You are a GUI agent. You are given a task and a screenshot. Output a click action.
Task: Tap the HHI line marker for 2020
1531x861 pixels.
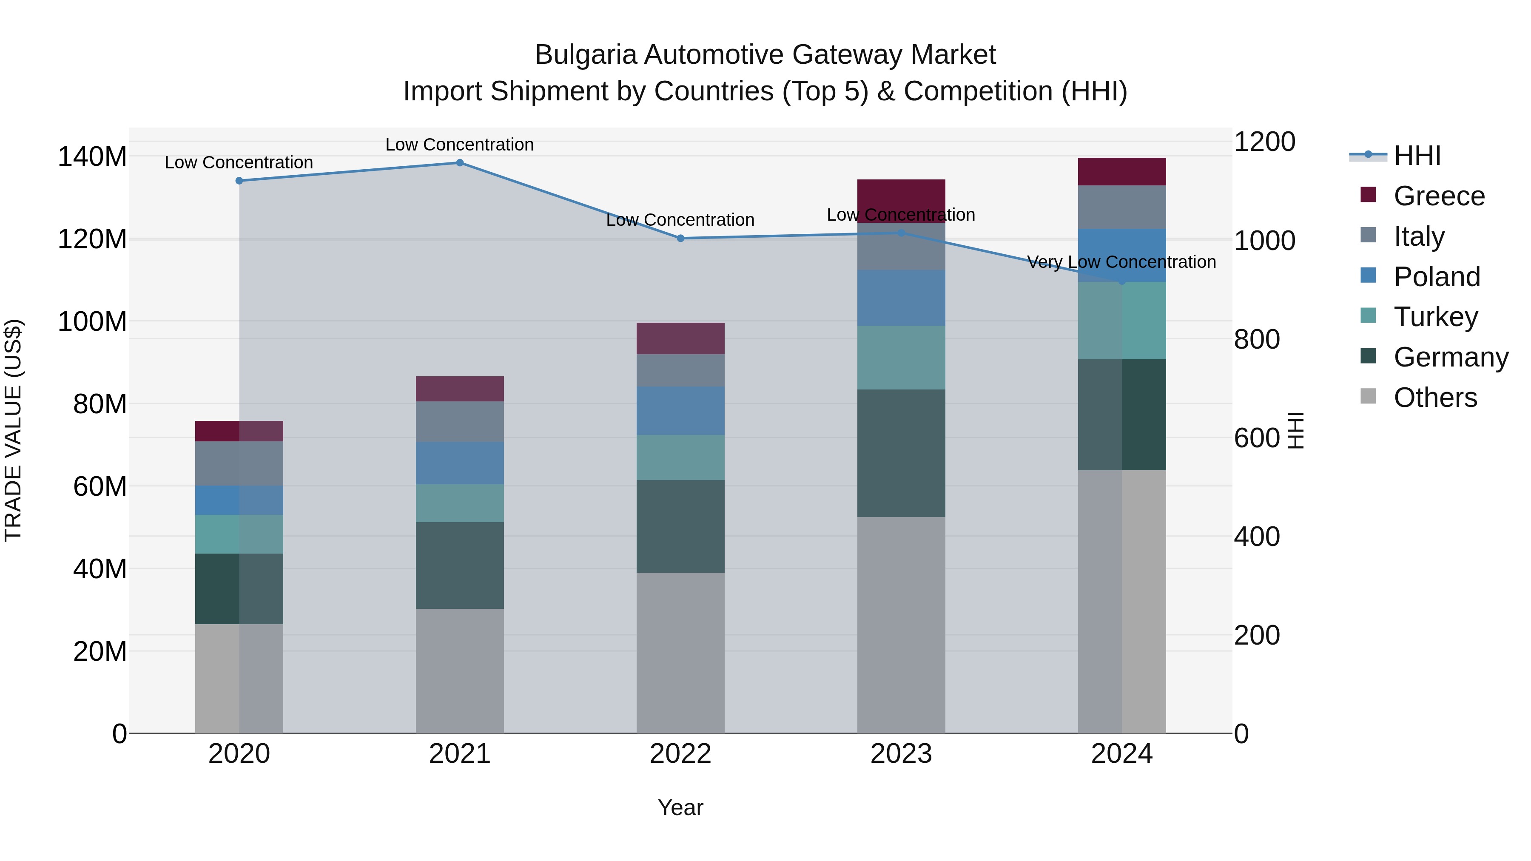pyautogui.click(x=239, y=181)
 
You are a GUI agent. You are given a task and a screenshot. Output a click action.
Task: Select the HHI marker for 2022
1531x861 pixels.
pyautogui.click(x=680, y=238)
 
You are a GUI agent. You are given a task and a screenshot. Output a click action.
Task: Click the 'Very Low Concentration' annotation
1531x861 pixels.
pyautogui.click(x=1121, y=262)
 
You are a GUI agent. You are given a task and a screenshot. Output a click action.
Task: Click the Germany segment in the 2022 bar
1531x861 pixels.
pyautogui.click(x=680, y=526)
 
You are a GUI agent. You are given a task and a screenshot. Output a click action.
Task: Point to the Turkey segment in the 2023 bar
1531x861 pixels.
pyautogui.click(x=901, y=357)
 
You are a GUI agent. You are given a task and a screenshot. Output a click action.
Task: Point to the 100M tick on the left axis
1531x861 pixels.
pyautogui.click(x=92, y=321)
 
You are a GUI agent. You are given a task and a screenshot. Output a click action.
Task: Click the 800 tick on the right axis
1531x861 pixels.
pyautogui.click(x=1256, y=339)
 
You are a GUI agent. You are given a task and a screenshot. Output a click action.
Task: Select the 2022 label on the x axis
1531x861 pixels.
pyautogui.click(x=680, y=753)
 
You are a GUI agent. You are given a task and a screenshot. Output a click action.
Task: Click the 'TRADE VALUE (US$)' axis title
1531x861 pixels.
pyautogui.click(x=13, y=430)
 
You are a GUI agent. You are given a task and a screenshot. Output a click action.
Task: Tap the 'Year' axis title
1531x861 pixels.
pyautogui.click(x=680, y=807)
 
